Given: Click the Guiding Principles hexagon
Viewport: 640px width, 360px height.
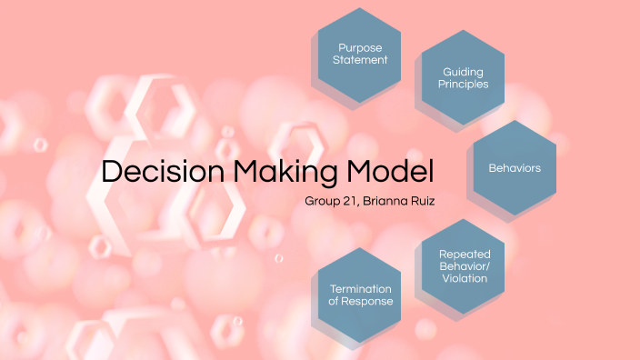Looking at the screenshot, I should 465,77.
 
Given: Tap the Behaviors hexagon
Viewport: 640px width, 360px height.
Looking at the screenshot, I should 515,168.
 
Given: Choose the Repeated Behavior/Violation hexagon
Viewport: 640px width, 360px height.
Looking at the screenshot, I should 465,265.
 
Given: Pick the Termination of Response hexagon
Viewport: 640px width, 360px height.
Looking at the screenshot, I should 362,294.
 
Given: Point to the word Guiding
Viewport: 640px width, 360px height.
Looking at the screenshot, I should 465,71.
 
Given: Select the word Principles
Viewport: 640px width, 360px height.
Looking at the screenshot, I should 465,84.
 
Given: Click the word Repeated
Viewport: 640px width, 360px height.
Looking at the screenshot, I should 465,254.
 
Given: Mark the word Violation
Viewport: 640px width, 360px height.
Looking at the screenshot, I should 465,278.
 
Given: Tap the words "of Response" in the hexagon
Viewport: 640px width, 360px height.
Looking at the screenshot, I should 362,301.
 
